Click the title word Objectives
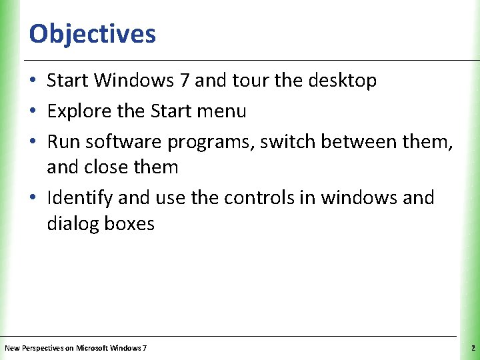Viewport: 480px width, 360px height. tap(93, 34)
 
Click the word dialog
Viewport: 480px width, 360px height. tap(73, 224)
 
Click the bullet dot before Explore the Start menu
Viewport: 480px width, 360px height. tap(33, 112)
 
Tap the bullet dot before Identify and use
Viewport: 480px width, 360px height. tap(33, 199)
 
